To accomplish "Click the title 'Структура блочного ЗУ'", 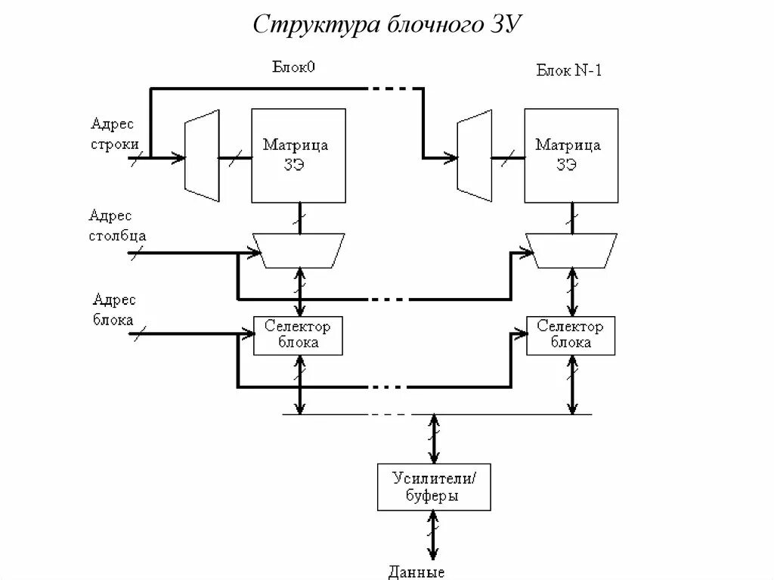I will tap(387, 24).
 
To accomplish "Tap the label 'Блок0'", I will tap(293, 67).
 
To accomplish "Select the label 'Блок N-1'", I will tap(568, 71).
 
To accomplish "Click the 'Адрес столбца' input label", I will tap(117, 225).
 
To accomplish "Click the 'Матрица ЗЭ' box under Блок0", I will tap(299, 156).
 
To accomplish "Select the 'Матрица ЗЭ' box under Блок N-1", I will tap(571, 156).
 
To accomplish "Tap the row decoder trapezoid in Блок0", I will tap(202, 156).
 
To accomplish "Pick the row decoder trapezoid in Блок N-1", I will tap(474, 156).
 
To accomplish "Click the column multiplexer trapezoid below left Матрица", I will tap(300, 250).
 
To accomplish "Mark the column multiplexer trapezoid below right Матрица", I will tap(573, 250).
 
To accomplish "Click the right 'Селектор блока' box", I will tap(571, 335).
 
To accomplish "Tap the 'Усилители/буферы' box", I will tap(434, 486).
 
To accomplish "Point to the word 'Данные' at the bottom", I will tap(416, 572).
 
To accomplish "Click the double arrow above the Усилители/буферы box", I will tap(434, 439).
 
